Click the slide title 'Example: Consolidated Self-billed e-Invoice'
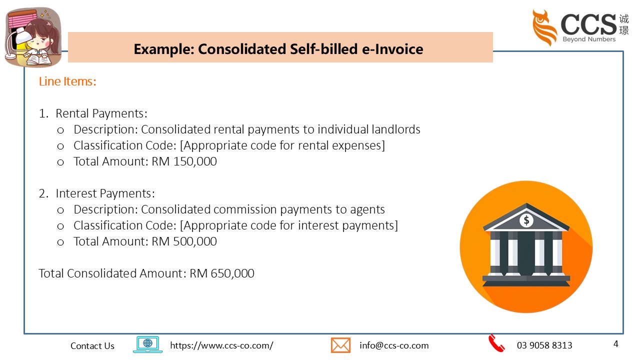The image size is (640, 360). pyautogui.click(x=278, y=49)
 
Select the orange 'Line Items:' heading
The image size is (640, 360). pyautogui.click(x=67, y=81)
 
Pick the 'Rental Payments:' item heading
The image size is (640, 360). pyautogui.click(x=101, y=113)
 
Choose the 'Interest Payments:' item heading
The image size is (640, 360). pyautogui.click(x=105, y=193)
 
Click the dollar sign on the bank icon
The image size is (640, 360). pyautogui.click(x=526, y=220)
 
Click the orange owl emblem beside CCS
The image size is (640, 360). pyautogui.click(x=544, y=27)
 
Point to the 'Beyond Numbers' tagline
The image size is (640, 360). pyautogui.click(x=589, y=39)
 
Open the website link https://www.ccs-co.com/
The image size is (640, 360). pyautogui.click(x=221, y=345)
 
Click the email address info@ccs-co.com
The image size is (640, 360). pyautogui.click(x=394, y=345)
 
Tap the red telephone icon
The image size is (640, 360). pyautogui.click(x=496, y=344)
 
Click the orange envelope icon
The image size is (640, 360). pyautogui.click(x=340, y=345)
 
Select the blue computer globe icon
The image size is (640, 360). pyautogui.click(x=147, y=344)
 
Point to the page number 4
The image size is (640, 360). pyautogui.click(x=615, y=344)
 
